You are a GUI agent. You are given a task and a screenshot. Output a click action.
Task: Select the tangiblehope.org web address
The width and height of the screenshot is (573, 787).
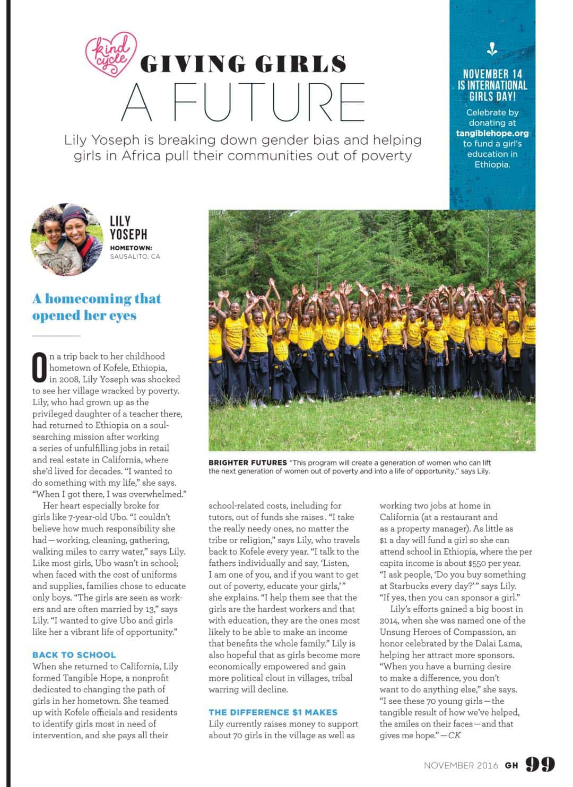[492, 133]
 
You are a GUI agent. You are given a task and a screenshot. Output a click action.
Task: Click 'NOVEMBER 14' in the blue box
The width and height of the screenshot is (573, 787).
[492, 74]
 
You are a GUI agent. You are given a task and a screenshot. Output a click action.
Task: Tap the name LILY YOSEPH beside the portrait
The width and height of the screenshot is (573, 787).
[128, 228]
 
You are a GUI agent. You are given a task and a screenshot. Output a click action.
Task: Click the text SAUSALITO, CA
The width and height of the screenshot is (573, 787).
[135, 257]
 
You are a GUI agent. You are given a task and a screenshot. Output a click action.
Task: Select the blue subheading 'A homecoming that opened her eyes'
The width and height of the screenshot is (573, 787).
[96, 307]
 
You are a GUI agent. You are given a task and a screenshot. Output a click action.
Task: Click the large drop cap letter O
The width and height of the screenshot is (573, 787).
[40, 368]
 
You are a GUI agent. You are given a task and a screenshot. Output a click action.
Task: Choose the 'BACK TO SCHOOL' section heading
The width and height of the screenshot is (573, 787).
[74, 655]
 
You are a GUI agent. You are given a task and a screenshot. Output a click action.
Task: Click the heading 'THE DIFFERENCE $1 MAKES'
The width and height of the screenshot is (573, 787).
[273, 712]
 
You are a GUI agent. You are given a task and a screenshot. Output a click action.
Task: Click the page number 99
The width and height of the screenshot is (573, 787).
[540, 764]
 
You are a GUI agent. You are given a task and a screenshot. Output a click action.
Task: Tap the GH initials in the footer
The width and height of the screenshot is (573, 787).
[511, 765]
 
